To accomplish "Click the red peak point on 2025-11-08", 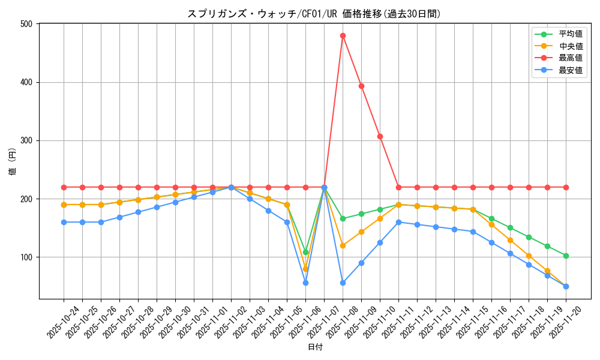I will pyautogui.click(x=343, y=35).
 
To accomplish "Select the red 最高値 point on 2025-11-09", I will pyautogui.click(x=361, y=86).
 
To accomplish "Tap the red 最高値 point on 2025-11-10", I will pyautogui.click(x=380, y=136).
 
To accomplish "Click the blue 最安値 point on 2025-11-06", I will pyautogui.click(x=305, y=283).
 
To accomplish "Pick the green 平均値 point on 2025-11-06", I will pyautogui.click(x=305, y=252).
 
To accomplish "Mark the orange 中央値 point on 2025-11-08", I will pyautogui.click(x=343, y=245).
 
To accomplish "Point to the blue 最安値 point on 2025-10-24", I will pyautogui.click(x=64, y=222).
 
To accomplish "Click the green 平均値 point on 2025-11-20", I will pyautogui.click(x=566, y=256).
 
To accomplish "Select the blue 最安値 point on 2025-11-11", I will pyautogui.click(x=398, y=222).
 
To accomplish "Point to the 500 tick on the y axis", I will pyautogui.click(x=28, y=24).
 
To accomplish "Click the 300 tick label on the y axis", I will pyautogui.click(x=28, y=141).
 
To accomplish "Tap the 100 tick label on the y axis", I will pyautogui.click(x=28, y=257).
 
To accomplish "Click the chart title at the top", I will pyautogui.click(x=314, y=14).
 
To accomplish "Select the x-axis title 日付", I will pyautogui.click(x=315, y=347).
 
